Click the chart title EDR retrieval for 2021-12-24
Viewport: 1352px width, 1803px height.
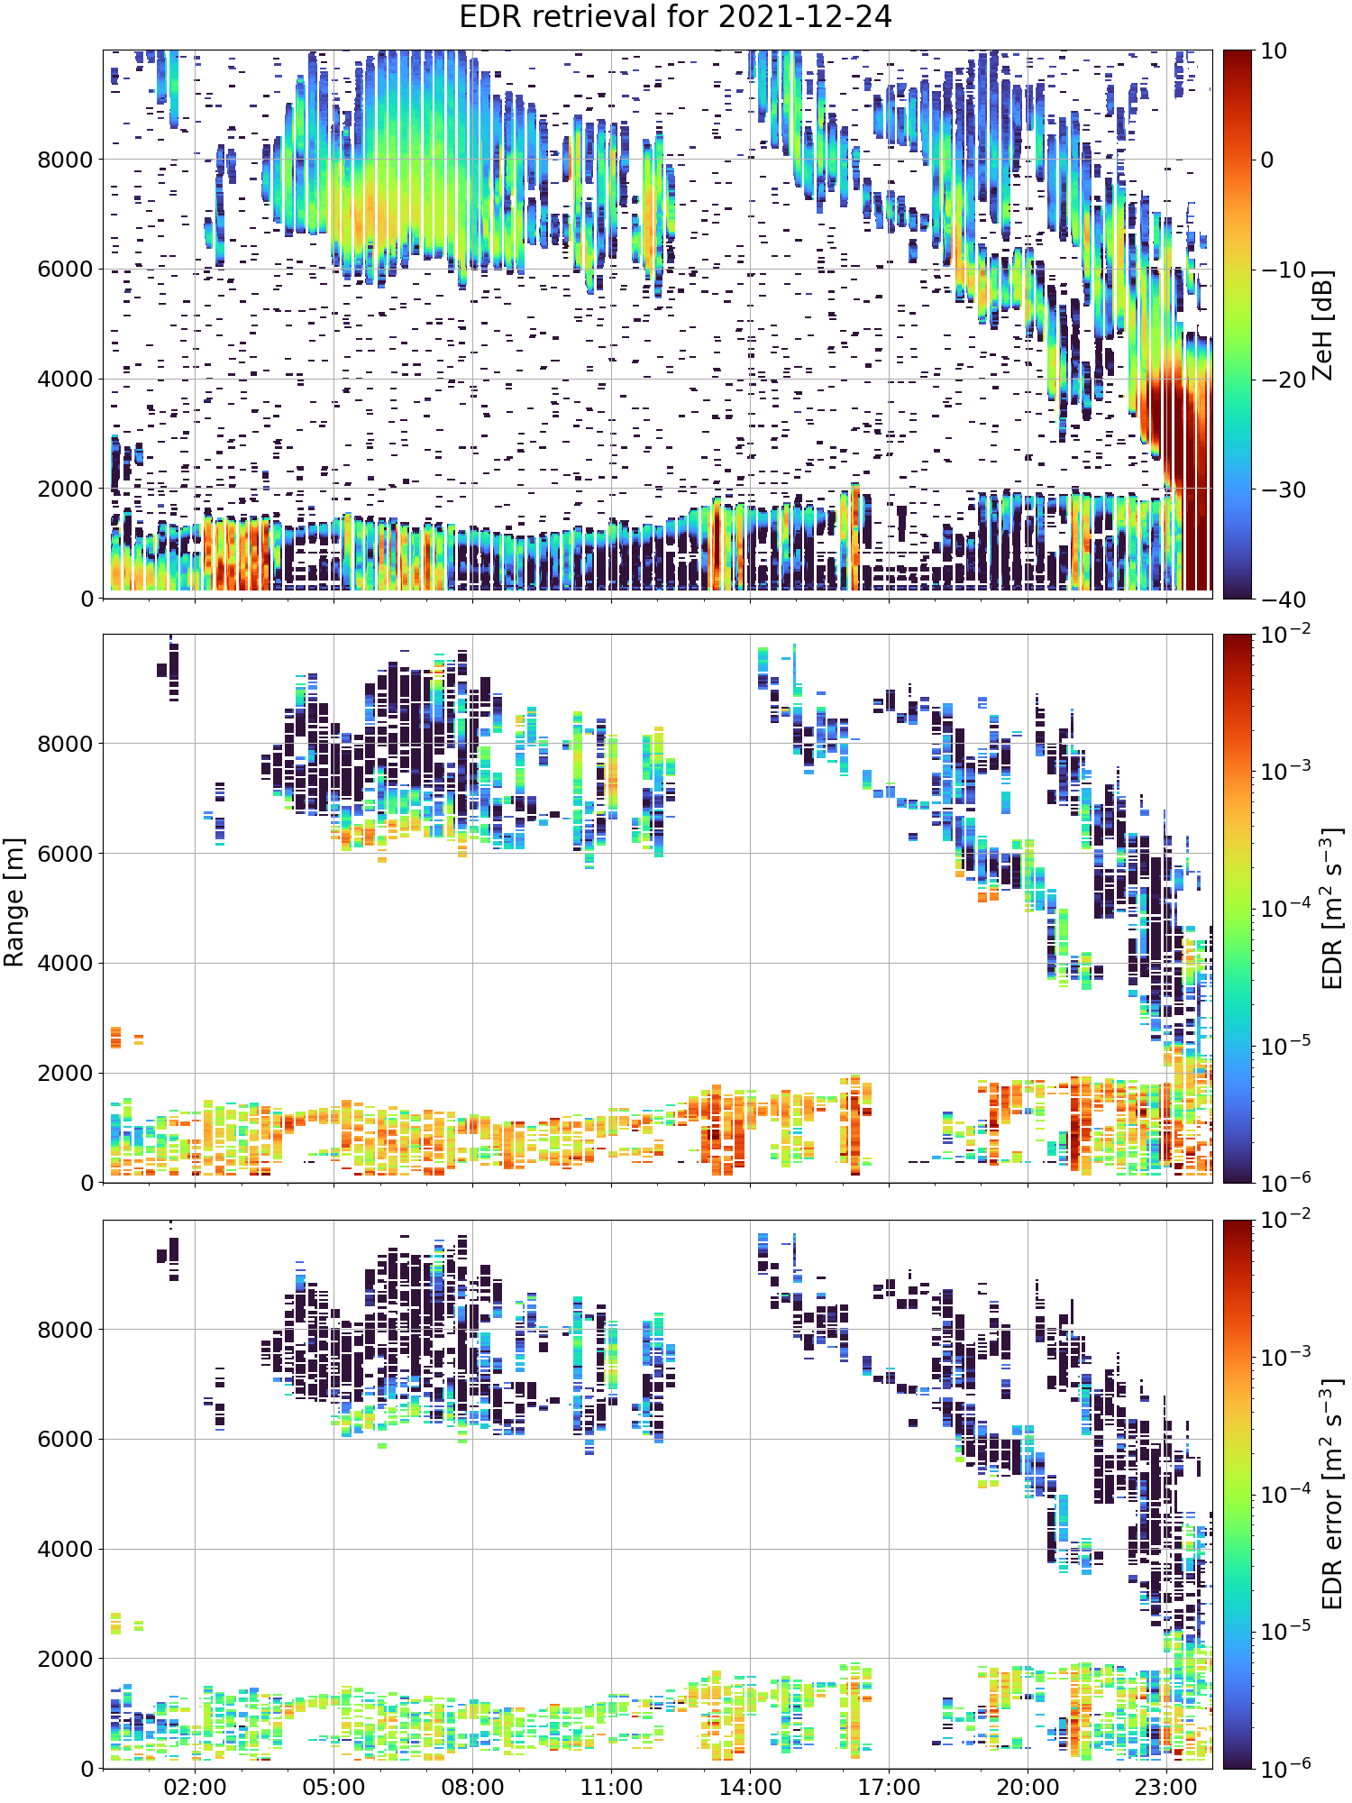[675, 17]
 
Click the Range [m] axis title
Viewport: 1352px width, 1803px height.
[14, 902]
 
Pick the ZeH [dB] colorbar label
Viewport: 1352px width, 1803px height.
[1322, 325]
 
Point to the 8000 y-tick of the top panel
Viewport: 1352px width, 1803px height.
[65, 160]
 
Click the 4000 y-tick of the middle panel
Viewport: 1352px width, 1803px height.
[65, 964]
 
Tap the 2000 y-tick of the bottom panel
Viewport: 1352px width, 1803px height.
[65, 1659]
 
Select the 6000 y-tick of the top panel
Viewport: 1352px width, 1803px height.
[65, 270]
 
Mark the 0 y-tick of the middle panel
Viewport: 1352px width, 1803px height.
[87, 1183]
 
